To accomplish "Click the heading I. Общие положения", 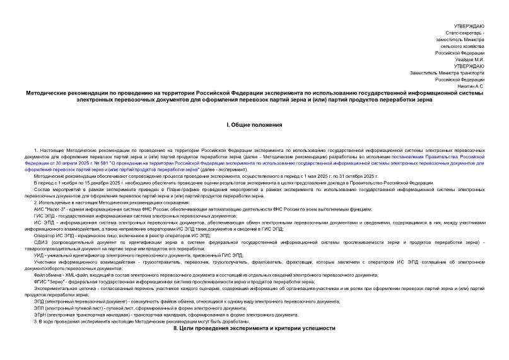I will [254, 125].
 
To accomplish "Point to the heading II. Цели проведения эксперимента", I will [254, 328].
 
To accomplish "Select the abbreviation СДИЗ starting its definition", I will [42, 242].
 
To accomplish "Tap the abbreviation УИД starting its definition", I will [40, 255].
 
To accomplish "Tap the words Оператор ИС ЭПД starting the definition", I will [54, 235].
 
